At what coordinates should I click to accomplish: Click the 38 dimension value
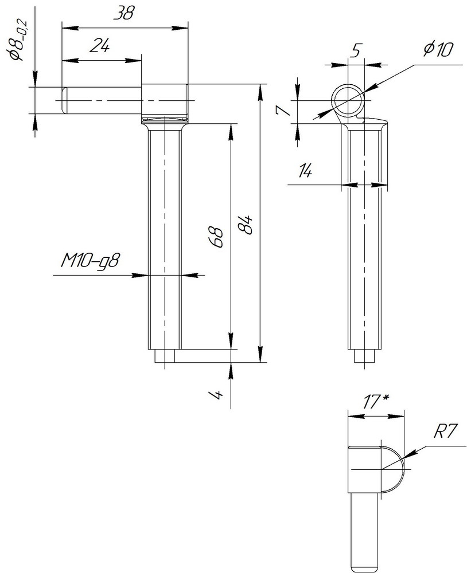[124, 14]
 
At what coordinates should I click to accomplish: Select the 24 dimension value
[100, 46]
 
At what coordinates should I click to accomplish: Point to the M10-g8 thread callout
[89, 261]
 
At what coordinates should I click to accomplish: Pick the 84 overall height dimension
[245, 224]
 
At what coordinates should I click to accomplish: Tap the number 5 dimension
[356, 50]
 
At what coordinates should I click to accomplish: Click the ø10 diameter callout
[438, 49]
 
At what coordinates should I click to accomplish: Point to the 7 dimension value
[283, 109]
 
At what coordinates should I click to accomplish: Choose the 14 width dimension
[305, 170]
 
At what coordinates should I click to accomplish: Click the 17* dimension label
[376, 402]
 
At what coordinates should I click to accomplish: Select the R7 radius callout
[445, 431]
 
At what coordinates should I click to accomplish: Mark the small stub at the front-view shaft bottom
[165, 356]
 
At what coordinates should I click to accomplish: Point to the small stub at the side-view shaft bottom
[364, 356]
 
